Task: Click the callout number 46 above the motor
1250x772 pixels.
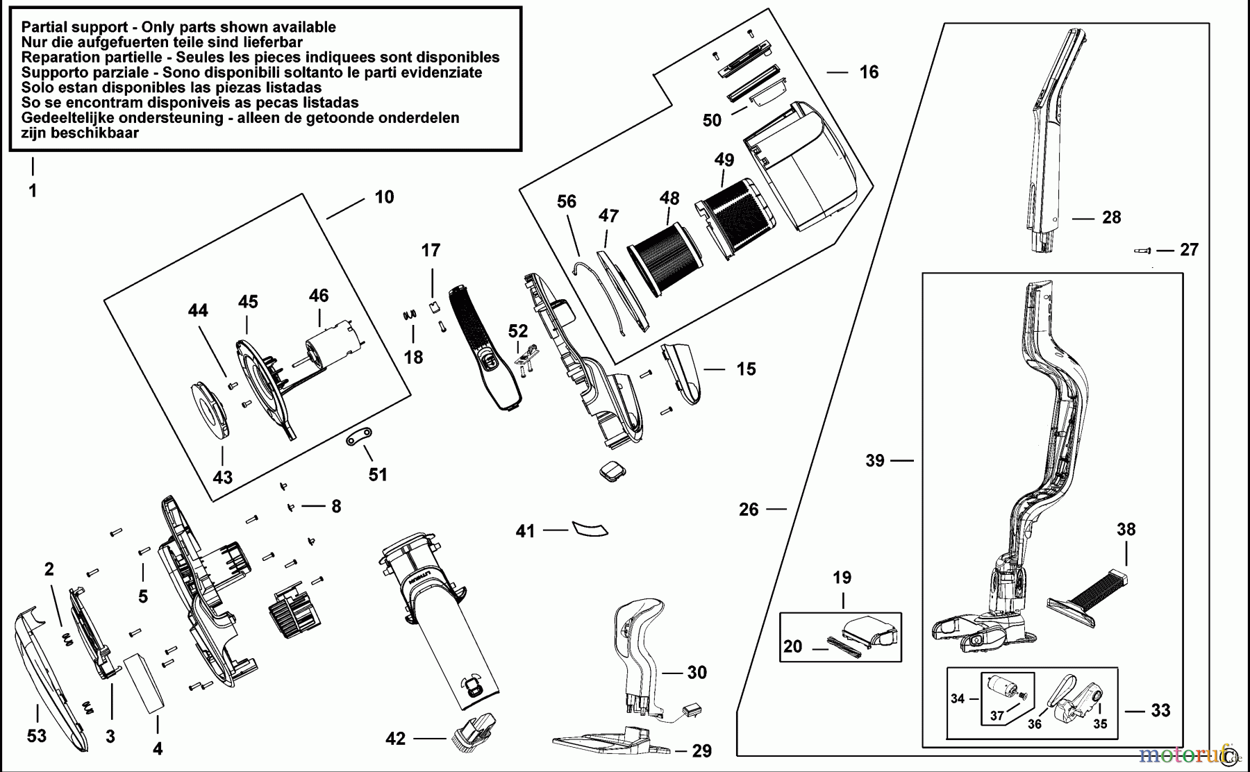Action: (x=319, y=296)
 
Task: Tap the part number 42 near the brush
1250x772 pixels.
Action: (x=395, y=739)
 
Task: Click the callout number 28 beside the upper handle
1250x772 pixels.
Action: (x=1112, y=217)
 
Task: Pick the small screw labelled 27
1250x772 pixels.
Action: (x=1142, y=251)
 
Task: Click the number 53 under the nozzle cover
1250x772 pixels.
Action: (x=37, y=735)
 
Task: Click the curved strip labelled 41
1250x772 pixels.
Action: (x=589, y=528)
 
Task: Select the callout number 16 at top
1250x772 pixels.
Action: (x=869, y=72)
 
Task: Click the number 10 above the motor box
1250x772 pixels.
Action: (x=384, y=197)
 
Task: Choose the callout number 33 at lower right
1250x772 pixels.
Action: (x=1160, y=710)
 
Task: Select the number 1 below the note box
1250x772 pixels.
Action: (x=33, y=191)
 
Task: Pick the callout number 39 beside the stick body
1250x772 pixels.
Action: (x=875, y=460)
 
